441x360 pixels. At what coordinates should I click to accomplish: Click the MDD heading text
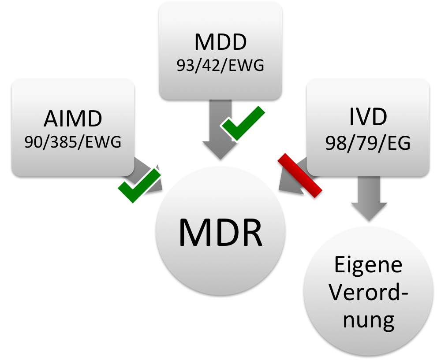click(220, 43)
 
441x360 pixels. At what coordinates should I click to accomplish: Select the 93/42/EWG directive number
click(220, 66)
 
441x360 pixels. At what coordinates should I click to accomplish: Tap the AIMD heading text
click(73, 119)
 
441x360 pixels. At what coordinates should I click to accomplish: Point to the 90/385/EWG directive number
click(73, 142)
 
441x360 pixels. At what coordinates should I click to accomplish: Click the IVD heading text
click(368, 117)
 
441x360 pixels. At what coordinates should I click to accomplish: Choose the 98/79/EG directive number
click(368, 143)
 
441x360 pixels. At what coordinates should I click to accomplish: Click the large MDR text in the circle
click(220, 232)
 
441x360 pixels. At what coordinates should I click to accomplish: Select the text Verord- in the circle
click(368, 293)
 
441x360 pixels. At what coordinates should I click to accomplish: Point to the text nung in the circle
click(368, 321)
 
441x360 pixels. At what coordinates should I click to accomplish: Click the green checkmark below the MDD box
click(243, 123)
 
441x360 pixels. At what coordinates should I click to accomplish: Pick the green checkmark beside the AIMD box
click(138, 186)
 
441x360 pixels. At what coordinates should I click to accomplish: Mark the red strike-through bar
click(300, 175)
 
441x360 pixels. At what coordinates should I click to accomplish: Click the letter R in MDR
click(250, 232)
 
